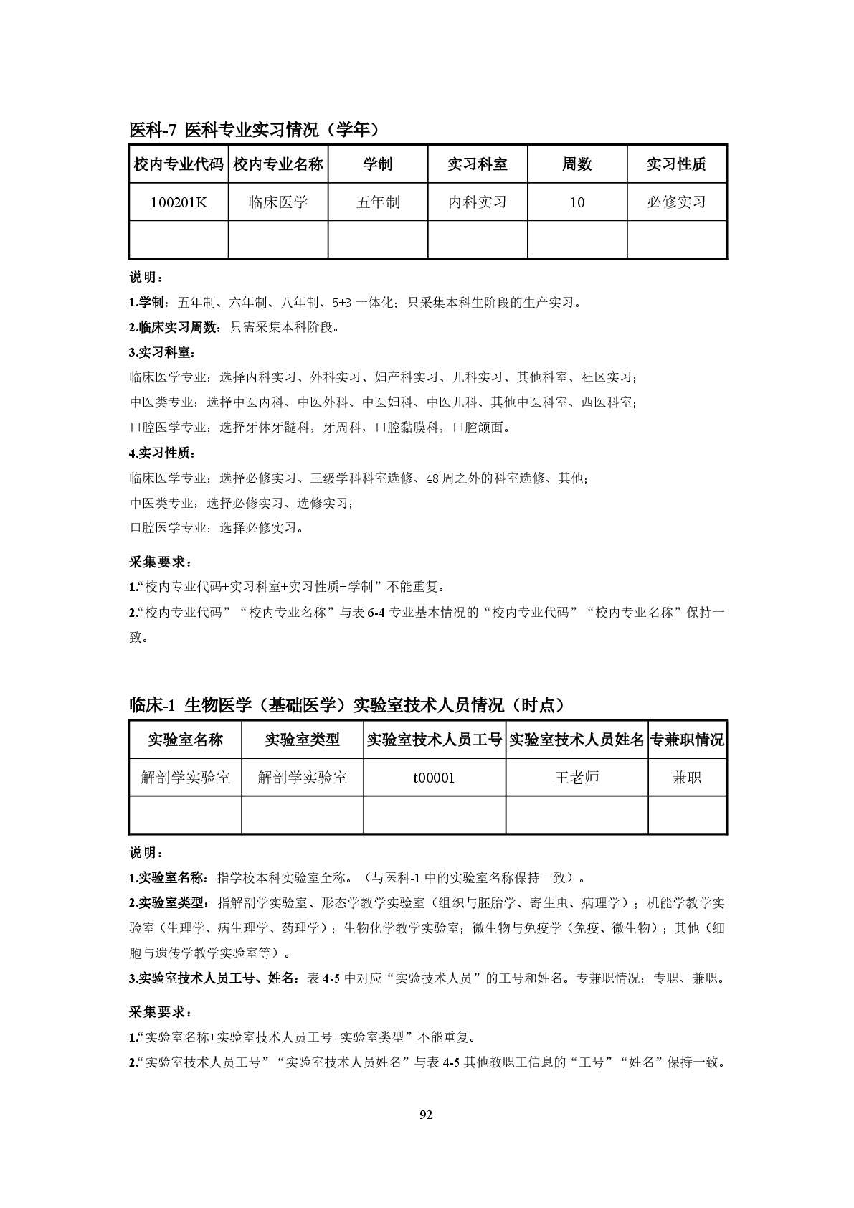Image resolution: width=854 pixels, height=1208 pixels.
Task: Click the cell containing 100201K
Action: [x=179, y=202]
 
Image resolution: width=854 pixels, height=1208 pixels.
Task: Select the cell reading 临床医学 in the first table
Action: [x=278, y=202]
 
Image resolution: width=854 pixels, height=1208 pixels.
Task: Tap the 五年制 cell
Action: [x=378, y=202]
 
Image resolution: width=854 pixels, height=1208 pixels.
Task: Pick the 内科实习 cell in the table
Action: [x=478, y=202]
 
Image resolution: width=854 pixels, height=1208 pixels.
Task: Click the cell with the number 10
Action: [x=577, y=202]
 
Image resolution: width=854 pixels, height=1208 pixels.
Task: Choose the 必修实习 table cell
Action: [x=677, y=202]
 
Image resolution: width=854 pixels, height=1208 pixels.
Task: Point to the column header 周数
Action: [x=577, y=164]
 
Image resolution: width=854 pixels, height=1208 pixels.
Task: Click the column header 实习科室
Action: [x=478, y=164]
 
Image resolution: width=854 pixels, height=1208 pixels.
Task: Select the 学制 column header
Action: [x=378, y=164]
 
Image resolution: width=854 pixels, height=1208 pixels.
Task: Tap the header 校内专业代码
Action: [x=179, y=164]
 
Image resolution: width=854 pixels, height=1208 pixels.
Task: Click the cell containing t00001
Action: [x=435, y=778]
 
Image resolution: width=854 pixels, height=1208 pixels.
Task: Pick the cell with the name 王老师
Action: [x=577, y=778]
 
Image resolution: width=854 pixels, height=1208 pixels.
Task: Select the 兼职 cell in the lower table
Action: [x=687, y=778]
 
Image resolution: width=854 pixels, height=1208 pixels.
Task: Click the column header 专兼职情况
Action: [x=687, y=740]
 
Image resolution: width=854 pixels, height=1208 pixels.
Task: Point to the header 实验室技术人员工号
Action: [x=435, y=740]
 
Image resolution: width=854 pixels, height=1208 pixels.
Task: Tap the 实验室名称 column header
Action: [x=186, y=740]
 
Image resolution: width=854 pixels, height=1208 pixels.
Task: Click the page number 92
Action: [x=426, y=1115]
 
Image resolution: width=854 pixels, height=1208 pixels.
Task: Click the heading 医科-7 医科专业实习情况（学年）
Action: [x=254, y=130]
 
